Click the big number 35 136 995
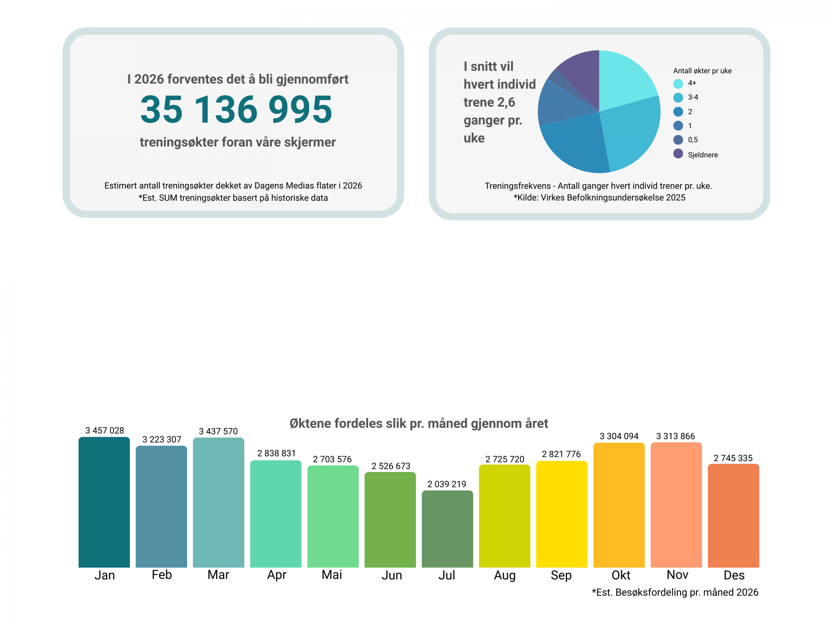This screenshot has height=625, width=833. (x=236, y=109)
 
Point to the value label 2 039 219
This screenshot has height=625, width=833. (x=447, y=484)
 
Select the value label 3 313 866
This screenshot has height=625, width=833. (x=675, y=436)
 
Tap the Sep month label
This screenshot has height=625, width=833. (x=561, y=575)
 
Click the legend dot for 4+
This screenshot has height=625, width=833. (x=678, y=84)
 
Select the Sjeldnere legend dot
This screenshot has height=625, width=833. (x=678, y=154)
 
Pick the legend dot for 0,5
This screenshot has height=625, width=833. (x=678, y=140)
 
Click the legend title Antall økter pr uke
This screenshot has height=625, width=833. (x=702, y=71)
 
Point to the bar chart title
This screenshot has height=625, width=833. (x=418, y=424)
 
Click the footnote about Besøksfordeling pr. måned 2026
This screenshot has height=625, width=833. (x=675, y=592)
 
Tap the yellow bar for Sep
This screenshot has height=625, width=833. (x=562, y=514)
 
